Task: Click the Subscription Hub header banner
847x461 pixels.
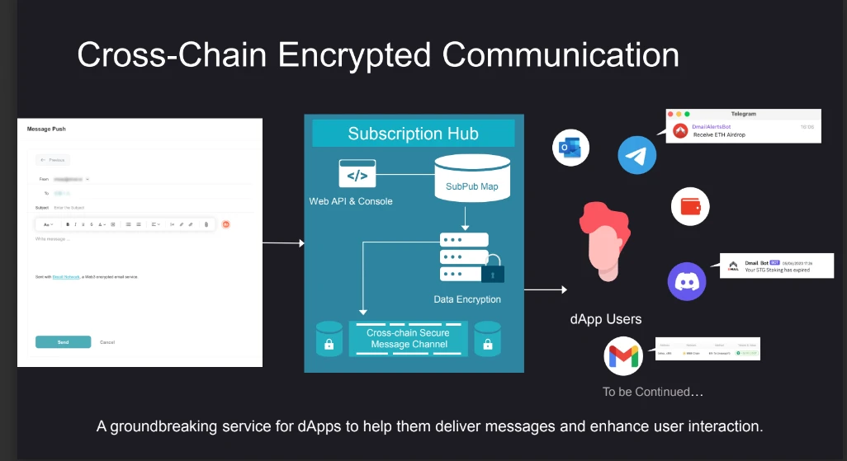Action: (413, 134)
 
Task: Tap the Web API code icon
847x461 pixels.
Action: (357, 174)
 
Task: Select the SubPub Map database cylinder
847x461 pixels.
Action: (472, 176)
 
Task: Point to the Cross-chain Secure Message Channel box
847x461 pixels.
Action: (409, 338)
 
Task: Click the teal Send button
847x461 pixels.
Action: (63, 341)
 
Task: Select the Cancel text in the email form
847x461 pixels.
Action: (107, 341)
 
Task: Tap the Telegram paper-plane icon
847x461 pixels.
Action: (636, 155)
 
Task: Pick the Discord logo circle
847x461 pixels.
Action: (687, 281)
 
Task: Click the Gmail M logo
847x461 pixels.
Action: (624, 356)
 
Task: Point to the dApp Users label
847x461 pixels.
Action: (605, 319)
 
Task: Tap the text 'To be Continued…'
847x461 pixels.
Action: (653, 392)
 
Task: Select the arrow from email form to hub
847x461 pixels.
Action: (283, 243)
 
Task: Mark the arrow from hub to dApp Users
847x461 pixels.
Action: (546, 289)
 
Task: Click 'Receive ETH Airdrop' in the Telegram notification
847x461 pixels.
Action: (719, 134)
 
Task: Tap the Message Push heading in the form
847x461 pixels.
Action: (46, 129)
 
